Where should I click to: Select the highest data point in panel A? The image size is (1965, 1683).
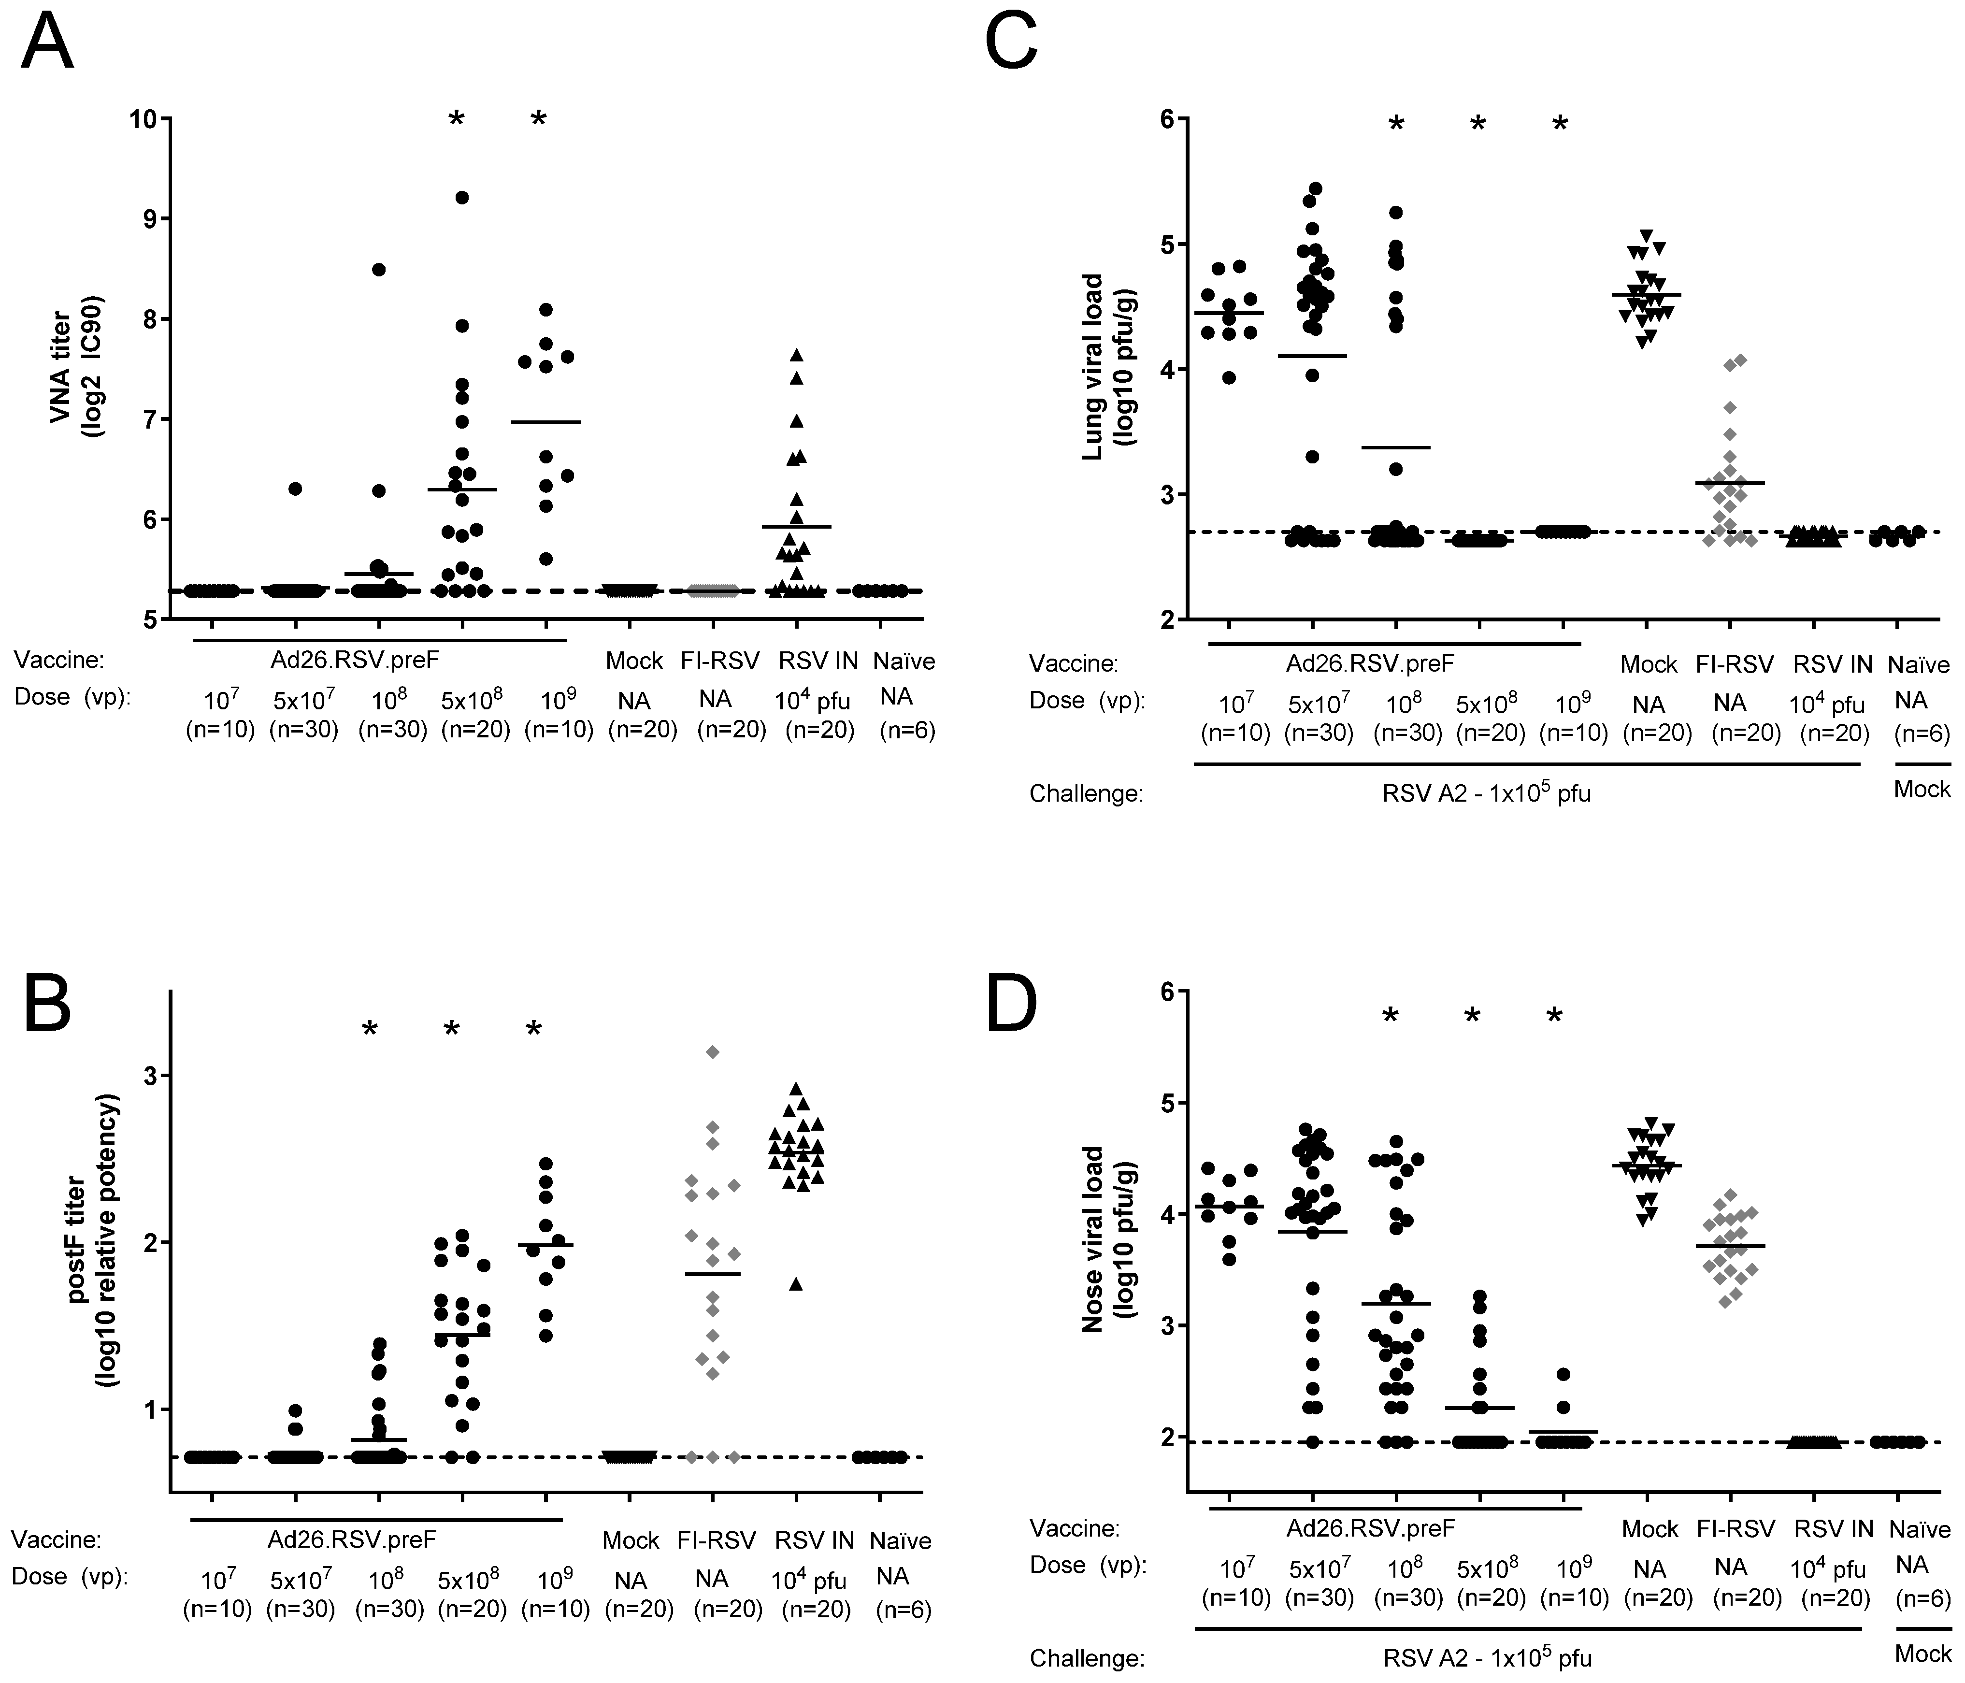462,197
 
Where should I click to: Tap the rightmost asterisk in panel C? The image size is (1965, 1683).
1560,124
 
